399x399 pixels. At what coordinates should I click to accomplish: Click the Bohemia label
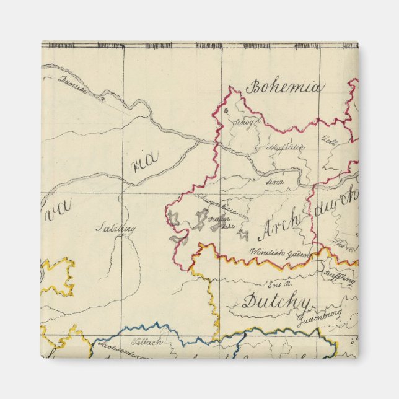click(x=284, y=87)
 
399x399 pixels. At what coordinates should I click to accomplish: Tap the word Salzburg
click(x=115, y=228)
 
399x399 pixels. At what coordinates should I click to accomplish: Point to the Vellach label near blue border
click(x=147, y=341)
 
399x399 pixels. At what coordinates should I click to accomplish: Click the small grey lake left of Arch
click(x=245, y=235)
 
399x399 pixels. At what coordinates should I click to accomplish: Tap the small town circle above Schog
click(x=227, y=110)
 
